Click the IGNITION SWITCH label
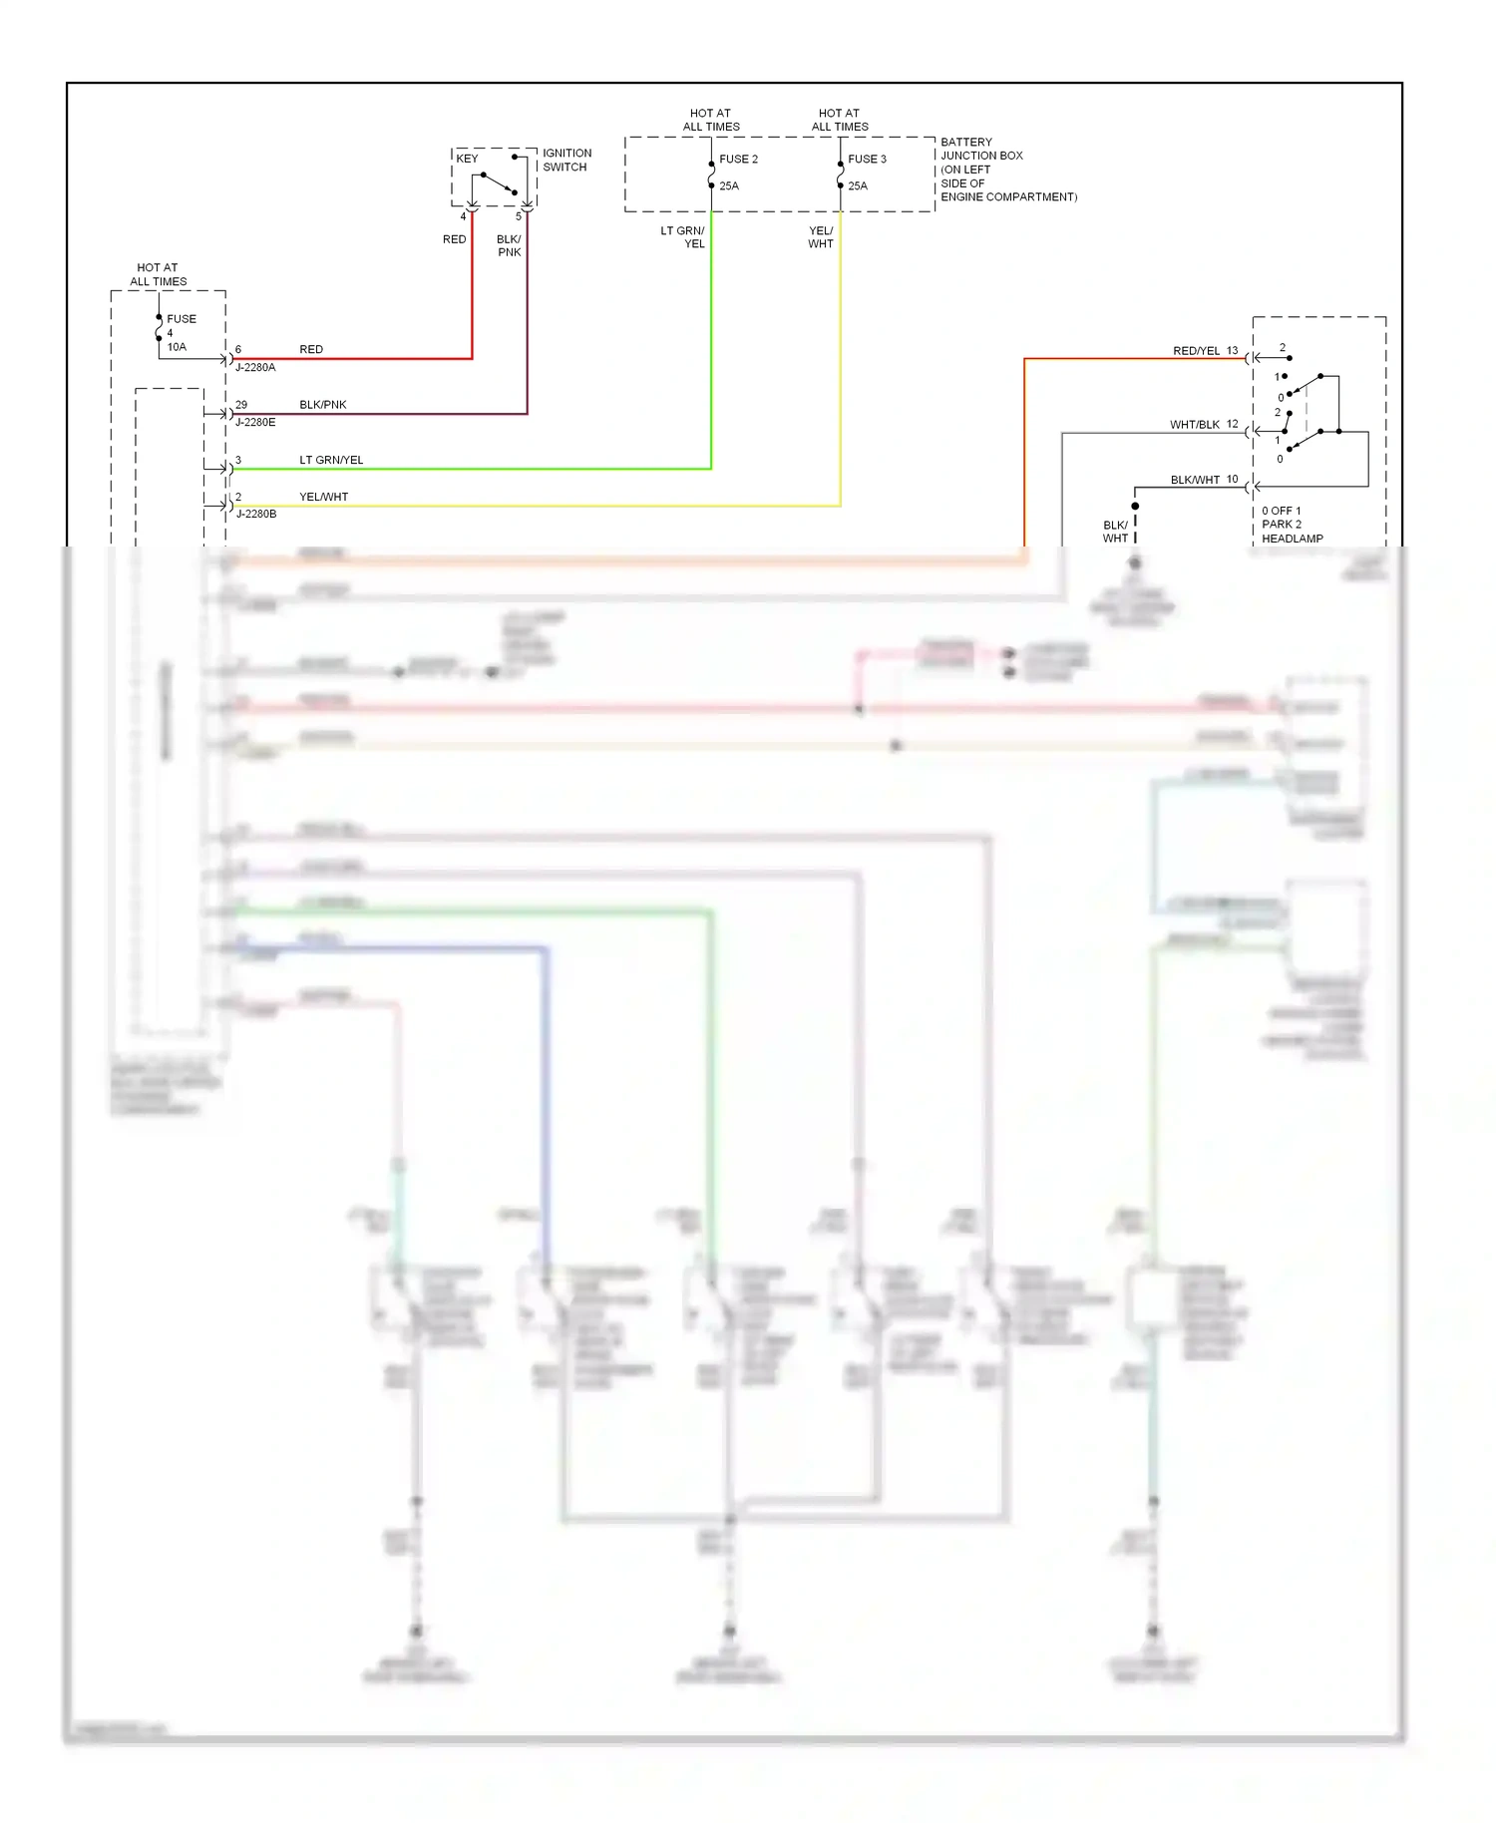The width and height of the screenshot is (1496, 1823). click(566, 160)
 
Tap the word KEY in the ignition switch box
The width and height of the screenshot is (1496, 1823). click(467, 159)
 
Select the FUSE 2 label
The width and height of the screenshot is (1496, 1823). click(738, 159)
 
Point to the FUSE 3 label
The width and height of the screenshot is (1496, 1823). click(867, 159)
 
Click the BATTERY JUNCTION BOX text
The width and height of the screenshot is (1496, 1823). click(981, 149)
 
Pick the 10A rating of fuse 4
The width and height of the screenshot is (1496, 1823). click(177, 347)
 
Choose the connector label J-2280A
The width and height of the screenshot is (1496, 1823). click(255, 367)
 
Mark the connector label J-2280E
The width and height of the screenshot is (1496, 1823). click(255, 422)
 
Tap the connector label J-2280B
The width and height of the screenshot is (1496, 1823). click(256, 514)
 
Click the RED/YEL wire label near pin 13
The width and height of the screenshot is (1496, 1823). click(1196, 351)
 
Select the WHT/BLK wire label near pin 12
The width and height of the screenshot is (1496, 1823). click(1194, 425)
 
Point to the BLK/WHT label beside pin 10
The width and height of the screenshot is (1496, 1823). click(1195, 480)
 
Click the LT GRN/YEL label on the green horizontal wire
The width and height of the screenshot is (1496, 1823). click(331, 460)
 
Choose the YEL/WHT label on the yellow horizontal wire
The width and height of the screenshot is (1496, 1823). click(323, 497)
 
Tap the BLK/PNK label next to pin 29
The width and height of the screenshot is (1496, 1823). click(322, 405)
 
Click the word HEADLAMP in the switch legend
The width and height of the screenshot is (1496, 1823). click(1292, 539)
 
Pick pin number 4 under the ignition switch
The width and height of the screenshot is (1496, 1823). click(463, 216)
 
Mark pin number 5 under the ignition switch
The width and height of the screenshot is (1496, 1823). click(519, 216)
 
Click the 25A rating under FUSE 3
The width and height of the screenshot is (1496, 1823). click(858, 185)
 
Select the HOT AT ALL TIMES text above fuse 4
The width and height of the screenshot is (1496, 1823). click(158, 274)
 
